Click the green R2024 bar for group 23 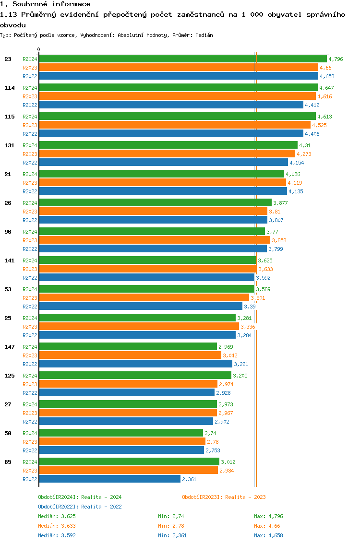[x=182, y=59]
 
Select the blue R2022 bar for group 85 [x=109, y=479]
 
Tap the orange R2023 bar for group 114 [x=177, y=96]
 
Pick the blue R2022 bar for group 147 [x=135, y=364]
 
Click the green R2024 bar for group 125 [x=135, y=376]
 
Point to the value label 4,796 [x=336, y=59]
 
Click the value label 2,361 [x=189, y=479]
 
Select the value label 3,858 [x=279, y=240]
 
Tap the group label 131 [x=10, y=145]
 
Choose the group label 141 [x=10, y=260]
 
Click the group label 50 [x=8, y=433]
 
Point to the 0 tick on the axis [x=39, y=49]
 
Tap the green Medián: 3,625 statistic [x=57, y=516]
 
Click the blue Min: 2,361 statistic [x=172, y=535]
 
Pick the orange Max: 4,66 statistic [x=267, y=526]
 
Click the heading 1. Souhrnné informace [x=45, y=4]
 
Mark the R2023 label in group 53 [x=30, y=298]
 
